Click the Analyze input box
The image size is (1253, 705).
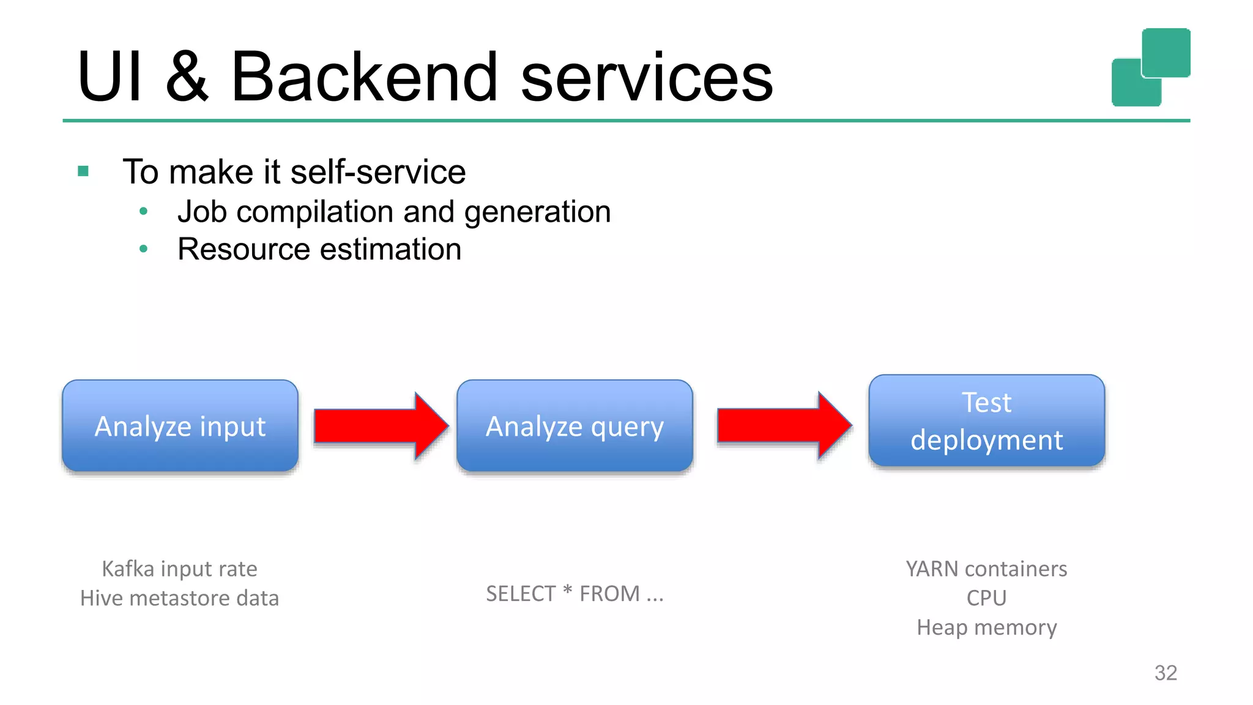180,426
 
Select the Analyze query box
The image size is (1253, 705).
574,426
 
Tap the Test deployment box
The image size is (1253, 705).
986,421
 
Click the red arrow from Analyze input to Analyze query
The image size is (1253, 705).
381,426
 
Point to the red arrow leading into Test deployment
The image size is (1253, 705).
784,425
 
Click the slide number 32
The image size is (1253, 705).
1166,673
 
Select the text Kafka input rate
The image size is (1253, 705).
179,569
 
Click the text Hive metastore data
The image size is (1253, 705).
179,598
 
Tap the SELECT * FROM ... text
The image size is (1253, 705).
574,594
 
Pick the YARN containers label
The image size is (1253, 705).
986,569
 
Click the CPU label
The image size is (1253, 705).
986,598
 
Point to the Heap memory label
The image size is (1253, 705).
986,627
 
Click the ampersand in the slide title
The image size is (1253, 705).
187,78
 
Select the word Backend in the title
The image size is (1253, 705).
365,78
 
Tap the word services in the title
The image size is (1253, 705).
647,78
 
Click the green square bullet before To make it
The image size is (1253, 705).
84,171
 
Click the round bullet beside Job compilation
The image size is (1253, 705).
143,212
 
